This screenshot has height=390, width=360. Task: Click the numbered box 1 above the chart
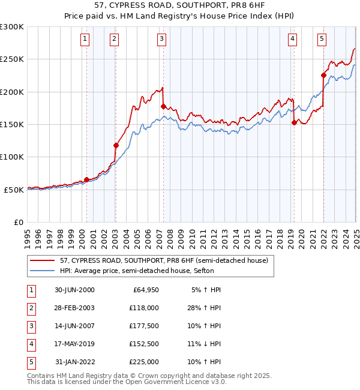tap(85, 40)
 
